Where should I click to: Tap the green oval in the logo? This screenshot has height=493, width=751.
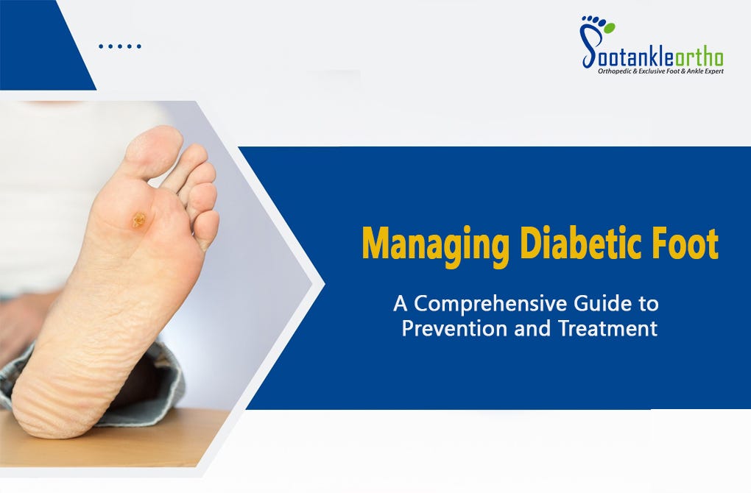coord(608,27)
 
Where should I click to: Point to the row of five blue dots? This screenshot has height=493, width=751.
coord(119,46)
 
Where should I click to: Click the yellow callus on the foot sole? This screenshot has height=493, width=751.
coord(138,219)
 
